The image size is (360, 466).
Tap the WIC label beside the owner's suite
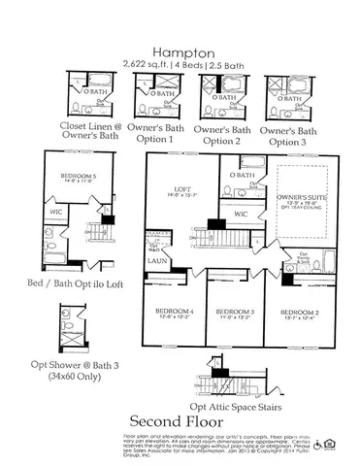240,213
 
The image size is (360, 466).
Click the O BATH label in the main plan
244,175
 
